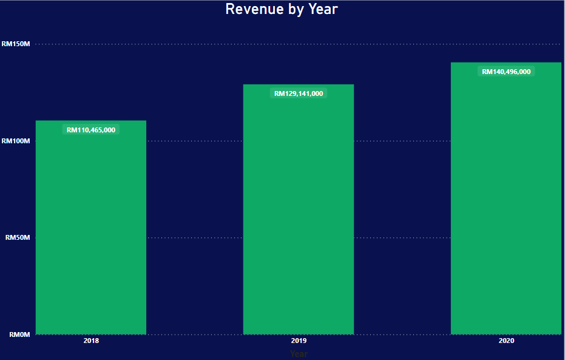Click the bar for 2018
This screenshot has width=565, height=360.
point(91,231)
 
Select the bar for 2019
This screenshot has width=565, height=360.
point(299,212)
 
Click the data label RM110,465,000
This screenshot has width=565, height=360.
point(91,129)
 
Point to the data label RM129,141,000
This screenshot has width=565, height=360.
point(299,93)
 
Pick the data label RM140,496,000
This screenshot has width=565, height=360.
point(506,72)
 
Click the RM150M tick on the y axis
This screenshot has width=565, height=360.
point(16,44)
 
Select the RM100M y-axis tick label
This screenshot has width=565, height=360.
point(16,141)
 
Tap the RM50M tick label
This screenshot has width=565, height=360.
point(18,237)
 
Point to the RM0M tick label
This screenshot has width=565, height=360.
point(19,335)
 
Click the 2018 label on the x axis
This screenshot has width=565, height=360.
point(91,341)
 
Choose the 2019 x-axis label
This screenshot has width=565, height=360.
point(299,341)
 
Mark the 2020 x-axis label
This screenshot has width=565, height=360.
point(506,341)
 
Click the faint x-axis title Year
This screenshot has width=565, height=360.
point(299,353)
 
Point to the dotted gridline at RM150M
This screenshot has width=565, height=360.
point(194,44)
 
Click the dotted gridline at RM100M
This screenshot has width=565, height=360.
point(194,141)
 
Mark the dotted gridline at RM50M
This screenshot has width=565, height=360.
point(194,237)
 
